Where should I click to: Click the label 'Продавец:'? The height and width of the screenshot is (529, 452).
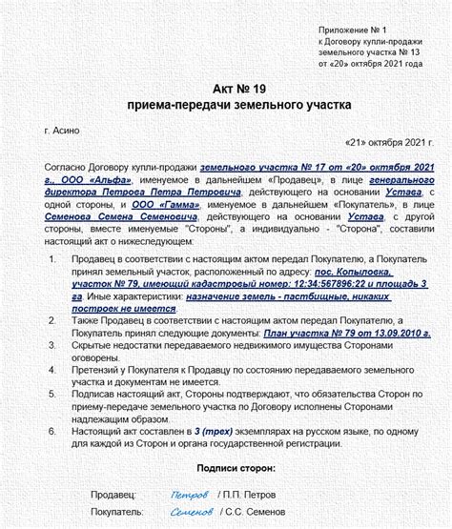(x=113, y=495)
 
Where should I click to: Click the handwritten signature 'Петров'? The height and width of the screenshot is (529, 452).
(x=188, y=495)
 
